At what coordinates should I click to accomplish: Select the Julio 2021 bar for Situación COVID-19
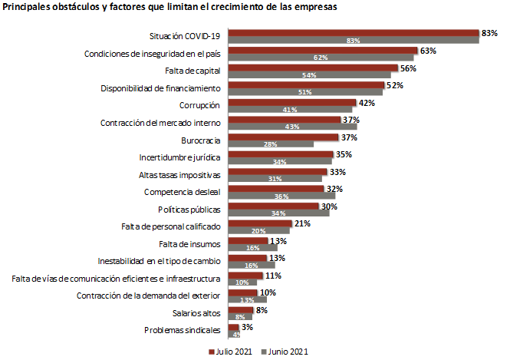[353, 33]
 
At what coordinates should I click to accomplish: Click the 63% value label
[428, 51]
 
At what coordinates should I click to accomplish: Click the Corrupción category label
[200, 105]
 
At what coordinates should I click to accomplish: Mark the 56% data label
[407, 68]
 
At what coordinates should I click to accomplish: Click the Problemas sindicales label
[183, 330]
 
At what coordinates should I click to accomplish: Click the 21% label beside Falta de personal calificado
[302, 223]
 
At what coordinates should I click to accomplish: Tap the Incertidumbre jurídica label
[179, 157]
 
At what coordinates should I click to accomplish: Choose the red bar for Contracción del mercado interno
[284, 119]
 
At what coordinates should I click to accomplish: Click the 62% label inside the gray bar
[320, 58]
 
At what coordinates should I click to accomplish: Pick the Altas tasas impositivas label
[183, 174]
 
